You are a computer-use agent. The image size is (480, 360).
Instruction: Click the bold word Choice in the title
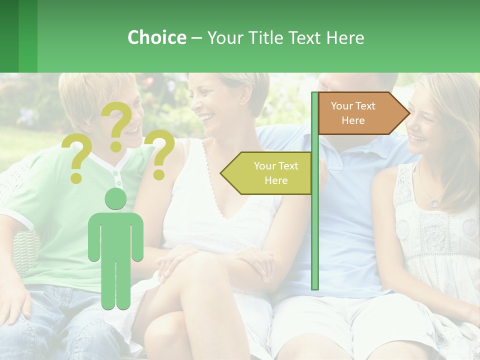(x=156, y=37)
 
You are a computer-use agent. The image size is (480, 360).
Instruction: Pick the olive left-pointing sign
(x=267, y=173)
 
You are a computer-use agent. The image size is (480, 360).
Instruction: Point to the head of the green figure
(x=115, y=199)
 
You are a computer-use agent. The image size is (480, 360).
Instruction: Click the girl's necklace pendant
(x=434, y=202)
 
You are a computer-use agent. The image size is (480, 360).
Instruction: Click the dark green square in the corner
(x=9, y=36)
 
